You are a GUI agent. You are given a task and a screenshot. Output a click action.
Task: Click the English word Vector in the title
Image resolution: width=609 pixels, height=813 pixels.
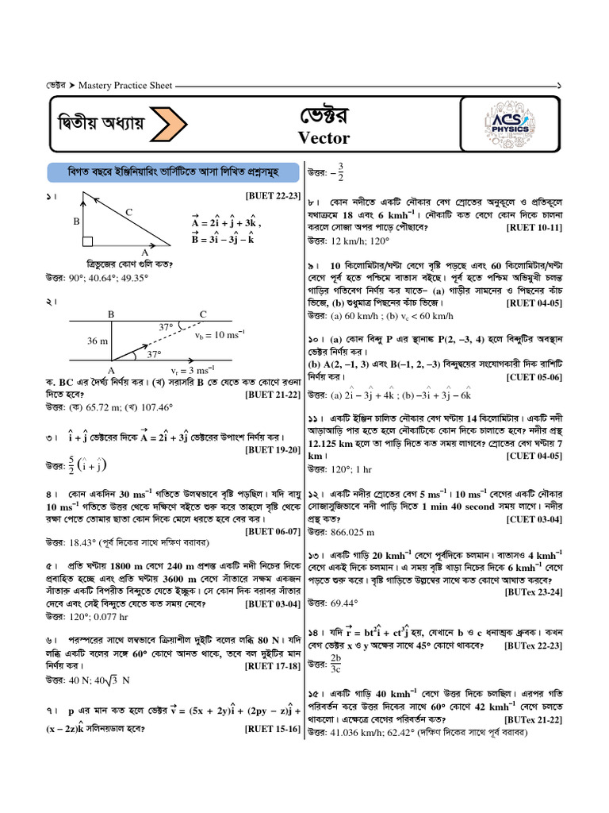(x=324, y=137)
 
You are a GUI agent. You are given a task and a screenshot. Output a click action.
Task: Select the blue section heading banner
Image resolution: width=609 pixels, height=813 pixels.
(x=172, y=172)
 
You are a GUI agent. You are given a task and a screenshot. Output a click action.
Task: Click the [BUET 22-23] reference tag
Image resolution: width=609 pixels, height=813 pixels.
(x=273, y=195)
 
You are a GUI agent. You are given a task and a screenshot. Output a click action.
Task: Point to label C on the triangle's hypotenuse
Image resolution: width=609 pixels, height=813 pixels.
(x=128, y=212)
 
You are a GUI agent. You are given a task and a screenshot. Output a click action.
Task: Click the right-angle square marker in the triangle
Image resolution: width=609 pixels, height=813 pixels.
(x=87, y=241)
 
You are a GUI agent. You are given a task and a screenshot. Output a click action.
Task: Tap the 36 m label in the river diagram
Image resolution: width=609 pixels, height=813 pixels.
(x=98, y=341)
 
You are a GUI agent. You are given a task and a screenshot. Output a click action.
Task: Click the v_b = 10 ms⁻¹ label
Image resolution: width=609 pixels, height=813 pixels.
(x=220, y=334)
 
